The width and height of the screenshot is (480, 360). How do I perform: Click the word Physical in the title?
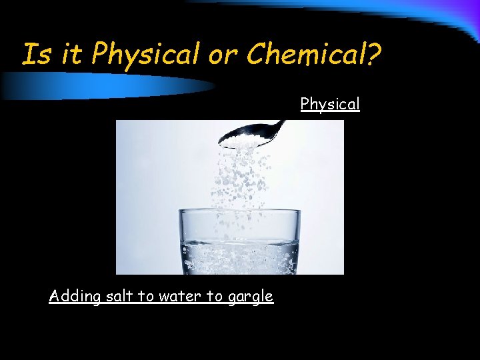point(146,54)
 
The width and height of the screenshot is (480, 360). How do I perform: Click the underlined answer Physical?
point(330,104)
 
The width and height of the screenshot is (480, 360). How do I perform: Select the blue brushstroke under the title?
point(107,86)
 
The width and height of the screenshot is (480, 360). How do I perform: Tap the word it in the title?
point(69,54)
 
